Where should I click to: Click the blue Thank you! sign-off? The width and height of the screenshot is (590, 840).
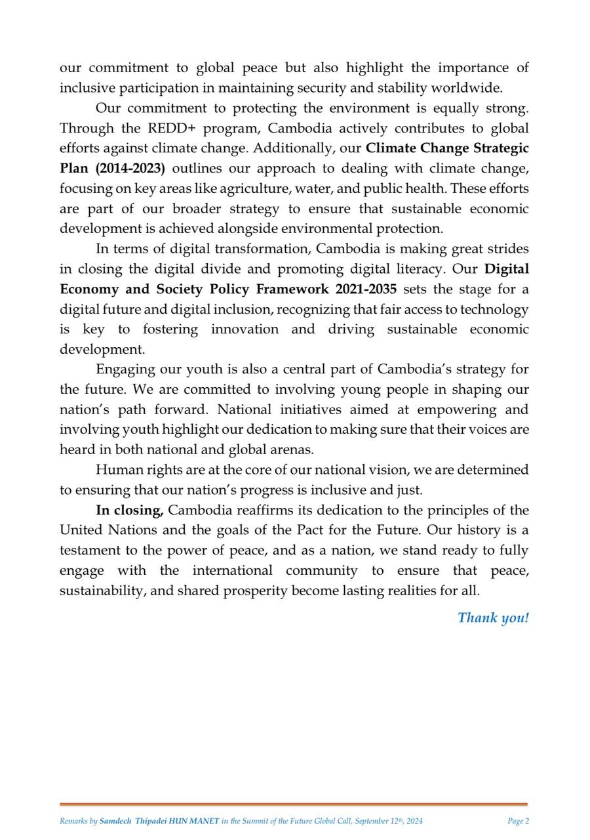pos(493,618)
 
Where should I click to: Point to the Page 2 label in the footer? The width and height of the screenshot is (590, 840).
pos(518,821)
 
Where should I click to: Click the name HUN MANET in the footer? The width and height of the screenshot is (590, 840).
pos(194,821)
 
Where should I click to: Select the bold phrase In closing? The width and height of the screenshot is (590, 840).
pos(129,511)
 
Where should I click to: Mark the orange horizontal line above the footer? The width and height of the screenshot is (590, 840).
pos(294,804)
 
